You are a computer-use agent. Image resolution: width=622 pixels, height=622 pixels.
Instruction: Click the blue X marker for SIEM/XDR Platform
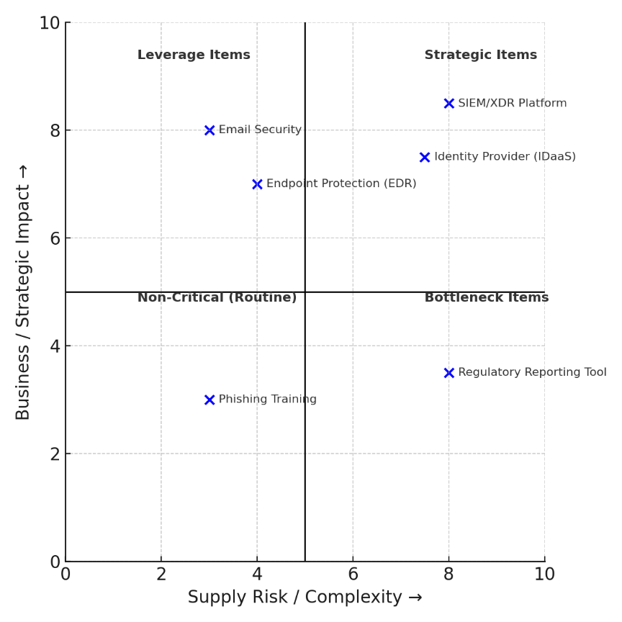pyautogui.click(x=449, y=104)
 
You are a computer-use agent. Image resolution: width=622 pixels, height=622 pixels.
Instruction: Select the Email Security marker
pyautogui.click(x=209, y=130)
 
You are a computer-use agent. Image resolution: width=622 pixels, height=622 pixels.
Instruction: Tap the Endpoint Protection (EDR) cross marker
pyautogui.click(x=257, y=184)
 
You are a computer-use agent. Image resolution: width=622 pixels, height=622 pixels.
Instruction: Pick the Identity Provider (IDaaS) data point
pyautogui.click(x=425, y=158)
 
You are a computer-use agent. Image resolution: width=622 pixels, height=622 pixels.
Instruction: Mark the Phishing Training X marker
pyautogui.click(x=209, y=400)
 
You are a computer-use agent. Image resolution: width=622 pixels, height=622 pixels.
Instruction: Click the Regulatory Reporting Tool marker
pyautogui.click(x=449, y=373)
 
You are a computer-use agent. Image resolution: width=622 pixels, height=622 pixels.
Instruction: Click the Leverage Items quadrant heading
pyautogui.click(x=194, y=55)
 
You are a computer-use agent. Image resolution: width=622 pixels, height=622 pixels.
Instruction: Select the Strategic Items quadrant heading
pyautogui.click(x=480, y=55)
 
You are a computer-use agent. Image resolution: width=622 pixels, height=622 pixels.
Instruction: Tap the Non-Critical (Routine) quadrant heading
pyautogui.click(x=217, y=298)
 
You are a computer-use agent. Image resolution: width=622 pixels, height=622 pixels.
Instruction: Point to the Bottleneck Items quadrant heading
pyautogui.click(x=486, y=298)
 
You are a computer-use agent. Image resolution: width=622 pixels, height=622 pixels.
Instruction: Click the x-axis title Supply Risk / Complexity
pyautogui.click(x=305, y=598)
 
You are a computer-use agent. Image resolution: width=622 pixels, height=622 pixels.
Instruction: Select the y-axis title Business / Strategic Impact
pyautogui.click(x=24, y=292)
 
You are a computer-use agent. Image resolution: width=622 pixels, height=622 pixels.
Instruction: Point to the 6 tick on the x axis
pyautogui.click(x=353, y=574)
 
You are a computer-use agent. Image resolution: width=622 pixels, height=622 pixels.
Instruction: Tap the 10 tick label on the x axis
pyautogui.click(x=544, y=574)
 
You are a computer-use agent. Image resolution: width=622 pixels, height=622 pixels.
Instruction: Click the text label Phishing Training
pyautogui.click(x=267, y=400)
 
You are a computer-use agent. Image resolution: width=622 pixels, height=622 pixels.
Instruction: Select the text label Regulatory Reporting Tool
pyautogui.click(x=532, y=373)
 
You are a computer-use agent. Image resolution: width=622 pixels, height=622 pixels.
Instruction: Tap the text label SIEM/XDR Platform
pyautogui.click(x=512, y=104)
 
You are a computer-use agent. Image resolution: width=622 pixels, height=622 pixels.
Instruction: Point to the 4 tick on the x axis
pyautogui.click(x=257, y=574)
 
